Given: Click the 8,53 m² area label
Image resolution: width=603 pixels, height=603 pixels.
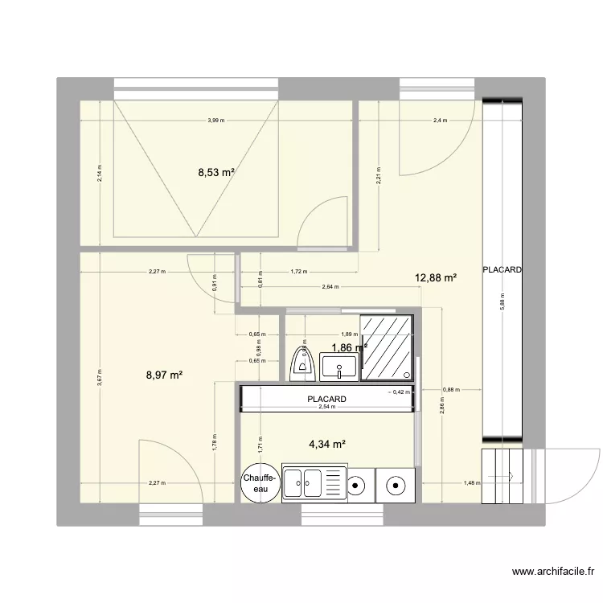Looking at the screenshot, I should point(216,171).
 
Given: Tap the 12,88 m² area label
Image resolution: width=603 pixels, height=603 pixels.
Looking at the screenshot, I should point(436,278).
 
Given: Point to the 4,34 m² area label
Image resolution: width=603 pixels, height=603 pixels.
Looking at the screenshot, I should point(327,443).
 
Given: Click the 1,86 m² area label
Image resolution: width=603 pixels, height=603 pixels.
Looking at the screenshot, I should point(348,347).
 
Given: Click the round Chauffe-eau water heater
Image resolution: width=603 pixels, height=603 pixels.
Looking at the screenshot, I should point(260,483).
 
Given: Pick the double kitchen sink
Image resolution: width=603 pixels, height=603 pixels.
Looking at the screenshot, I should point(312,484).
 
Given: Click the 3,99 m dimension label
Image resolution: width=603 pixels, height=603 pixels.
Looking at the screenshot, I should point(215,121).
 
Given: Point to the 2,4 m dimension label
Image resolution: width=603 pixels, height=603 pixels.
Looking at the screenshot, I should point(440,121).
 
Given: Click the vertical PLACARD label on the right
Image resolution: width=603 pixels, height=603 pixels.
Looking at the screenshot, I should point(502,270).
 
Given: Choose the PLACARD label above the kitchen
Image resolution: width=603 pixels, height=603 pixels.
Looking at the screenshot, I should point(326,399).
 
